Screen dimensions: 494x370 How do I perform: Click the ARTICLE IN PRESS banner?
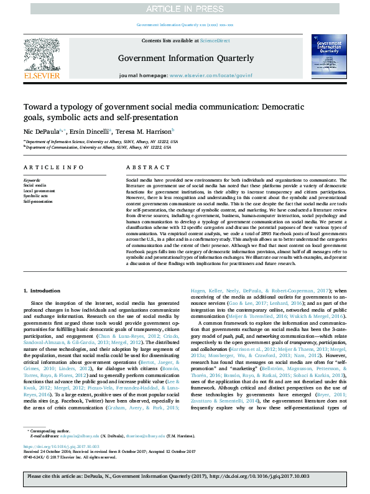point(184,8)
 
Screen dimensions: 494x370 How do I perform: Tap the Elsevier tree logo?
point(42,55)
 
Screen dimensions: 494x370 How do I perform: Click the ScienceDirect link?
point(215,40)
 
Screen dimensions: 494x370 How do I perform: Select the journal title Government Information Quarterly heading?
point(185,58)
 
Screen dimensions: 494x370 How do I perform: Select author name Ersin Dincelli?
point(92,132)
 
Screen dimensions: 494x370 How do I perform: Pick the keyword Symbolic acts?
point(35,196)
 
